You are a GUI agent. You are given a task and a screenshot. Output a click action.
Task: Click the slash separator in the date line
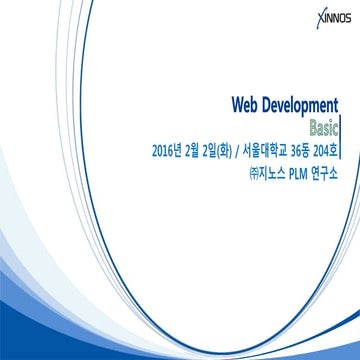tap(246, 152)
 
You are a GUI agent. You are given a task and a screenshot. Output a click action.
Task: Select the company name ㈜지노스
tap(265, 173)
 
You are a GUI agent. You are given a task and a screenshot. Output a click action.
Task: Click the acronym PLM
tap(300, 173)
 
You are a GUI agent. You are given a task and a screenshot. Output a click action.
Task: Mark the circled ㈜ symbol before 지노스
tap(251, 173)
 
